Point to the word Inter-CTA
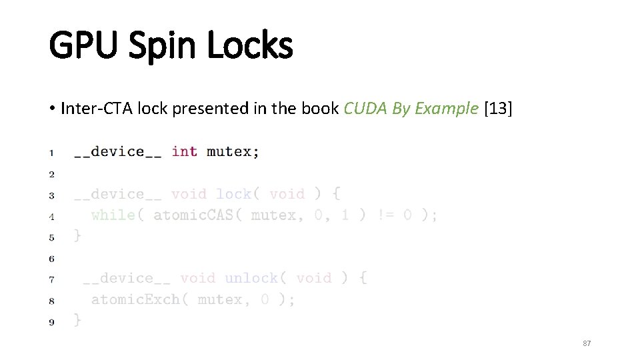click(97, 108)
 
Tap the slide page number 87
click(587, 343)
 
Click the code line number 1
click(51, 153)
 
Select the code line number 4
click(51, 216)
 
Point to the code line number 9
click(51, 322)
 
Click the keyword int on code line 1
click(184, 151)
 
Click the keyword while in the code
click(111, 215)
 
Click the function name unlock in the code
click(251, 278)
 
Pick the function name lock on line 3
click(233, 194)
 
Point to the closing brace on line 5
click(77, 235)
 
